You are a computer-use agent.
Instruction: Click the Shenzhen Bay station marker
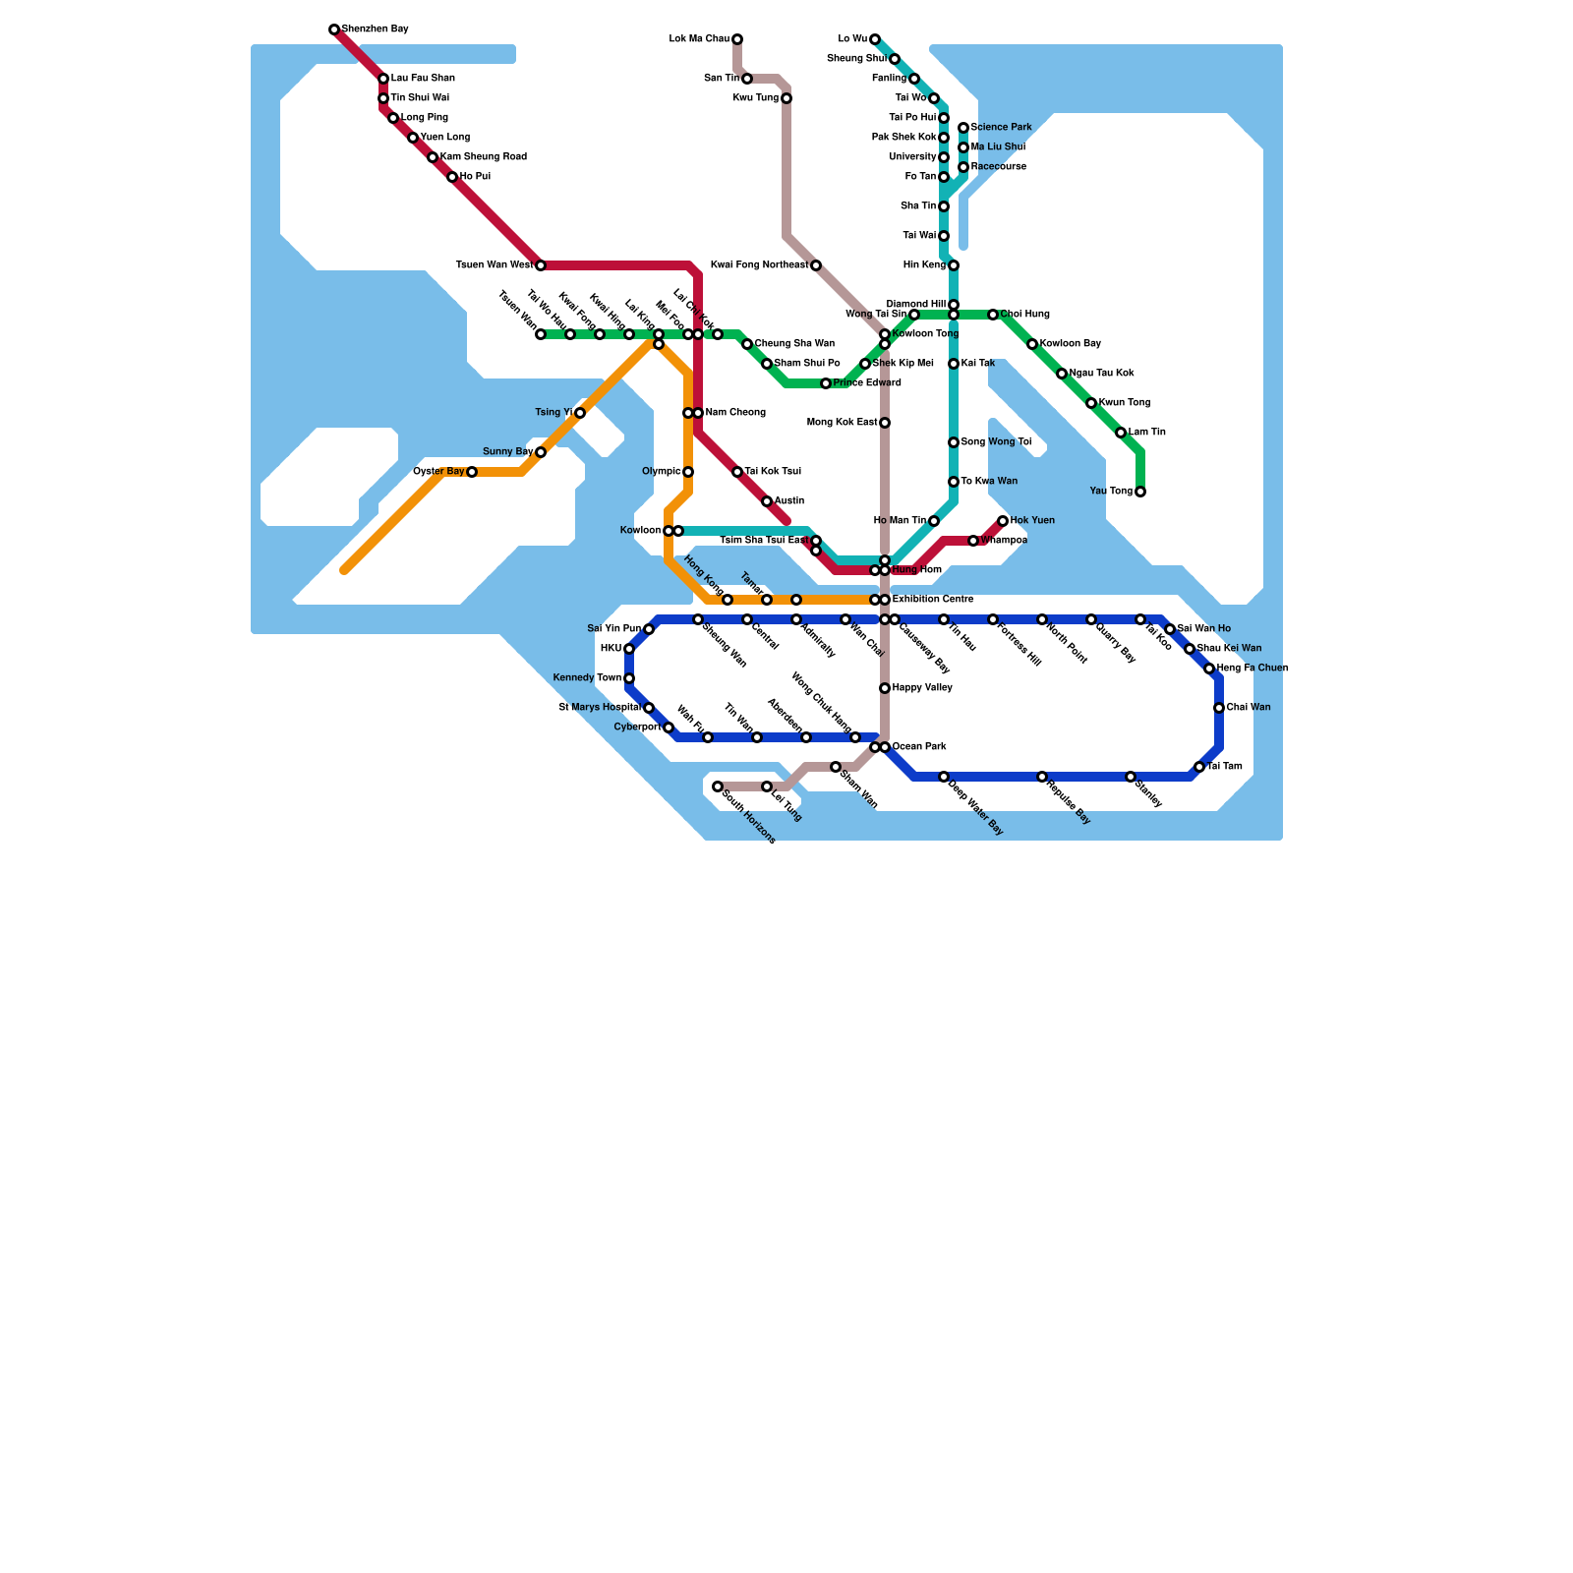coord(334,29)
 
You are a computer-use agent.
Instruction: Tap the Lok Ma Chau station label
coord(699,39)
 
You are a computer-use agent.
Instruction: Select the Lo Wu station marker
coord(875,39)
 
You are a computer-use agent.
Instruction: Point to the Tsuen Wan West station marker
coord(541,265)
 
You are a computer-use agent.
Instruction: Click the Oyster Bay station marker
coord(472,472)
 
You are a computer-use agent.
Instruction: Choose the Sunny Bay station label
coord(507,452)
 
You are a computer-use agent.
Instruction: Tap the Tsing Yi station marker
coord(580,413)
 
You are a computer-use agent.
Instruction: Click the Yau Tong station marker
coord(1140,492)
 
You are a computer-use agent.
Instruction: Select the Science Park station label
coord(1001,128)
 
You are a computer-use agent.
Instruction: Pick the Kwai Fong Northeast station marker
coord(816,265)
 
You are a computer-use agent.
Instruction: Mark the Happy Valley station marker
coord(885,688)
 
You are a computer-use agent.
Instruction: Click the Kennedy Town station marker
coord(629,678)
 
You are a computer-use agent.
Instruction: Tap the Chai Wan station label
coord(1249,708)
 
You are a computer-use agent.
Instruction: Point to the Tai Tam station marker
coord(1199,767)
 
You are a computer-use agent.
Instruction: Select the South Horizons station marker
coord(718,786)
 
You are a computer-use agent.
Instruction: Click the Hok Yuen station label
coord(1032,521)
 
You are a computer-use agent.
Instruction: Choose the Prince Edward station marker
coord(826,383)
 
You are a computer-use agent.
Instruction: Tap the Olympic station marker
coord(688,472)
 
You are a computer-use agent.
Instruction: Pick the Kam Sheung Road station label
coord(484,157)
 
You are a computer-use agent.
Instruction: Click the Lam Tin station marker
coord(1121,433)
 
